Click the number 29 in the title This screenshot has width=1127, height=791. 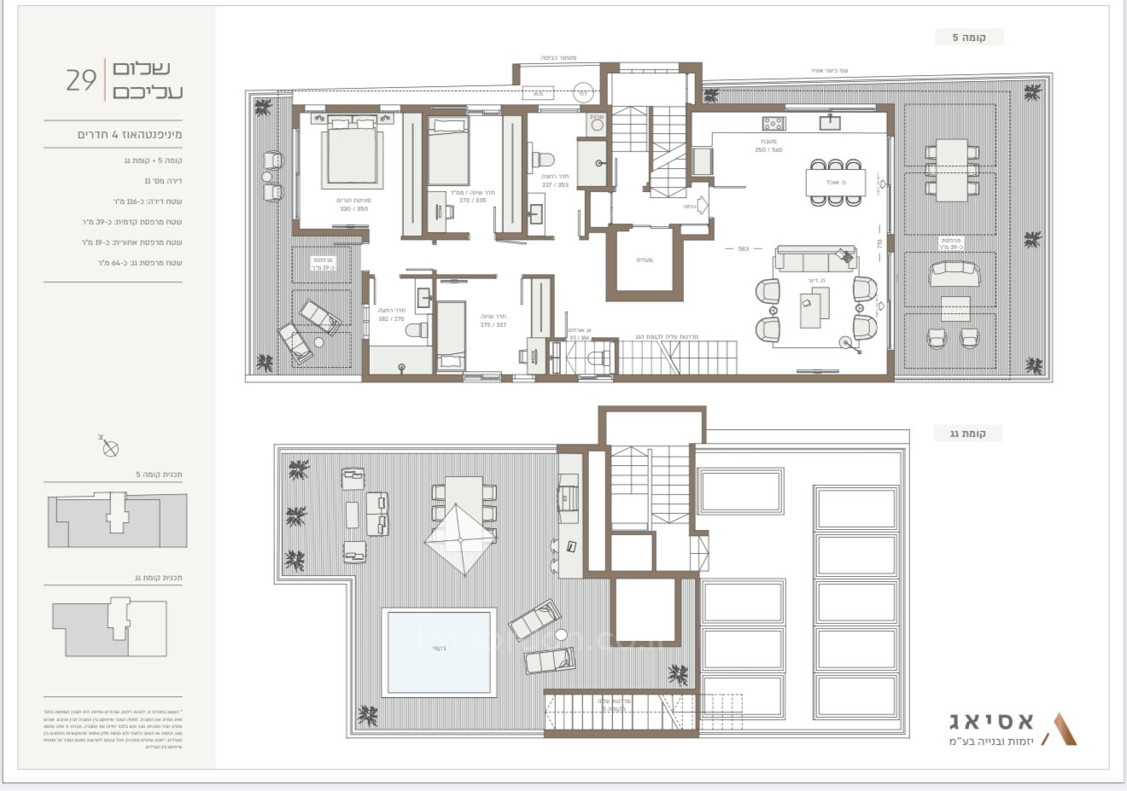tap(81, 80)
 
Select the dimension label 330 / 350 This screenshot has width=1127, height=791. tap(354, 208)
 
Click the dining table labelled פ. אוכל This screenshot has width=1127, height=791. tap(836, 182)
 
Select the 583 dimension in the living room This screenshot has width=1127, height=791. tap(743, 249)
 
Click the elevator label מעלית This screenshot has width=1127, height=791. tap(645, 259)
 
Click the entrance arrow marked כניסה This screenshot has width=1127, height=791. tap(697, 206)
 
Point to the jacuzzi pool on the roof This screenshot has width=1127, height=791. tap(441, 650)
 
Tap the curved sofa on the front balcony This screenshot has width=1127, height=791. tap(955, 273)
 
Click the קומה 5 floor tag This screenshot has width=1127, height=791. tap(968, 38)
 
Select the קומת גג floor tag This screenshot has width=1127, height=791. tap(968, 433)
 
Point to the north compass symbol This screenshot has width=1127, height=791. tap(110, 447)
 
